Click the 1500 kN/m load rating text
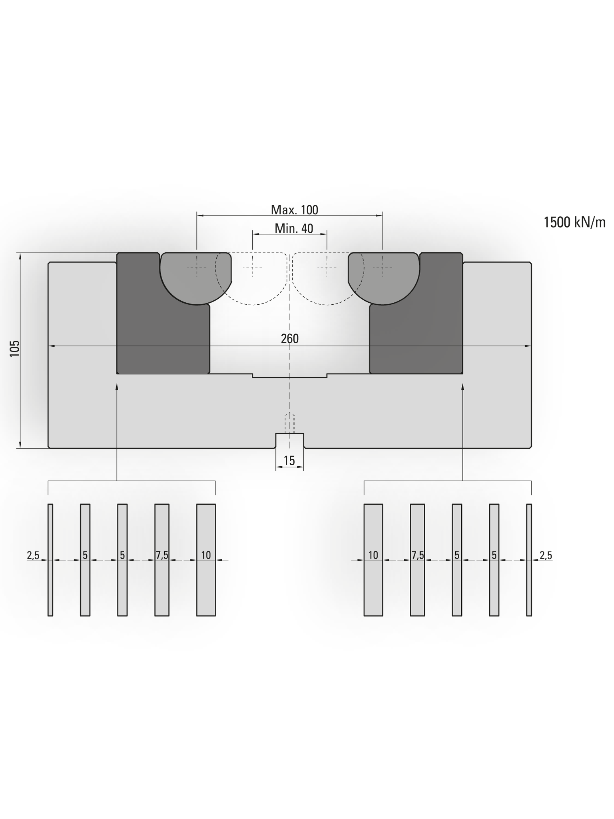click(x=575, y=222)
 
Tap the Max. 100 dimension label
click(x=295, y=210)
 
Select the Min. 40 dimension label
click(x=294, y=228)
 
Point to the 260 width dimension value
click(x=290, y=339)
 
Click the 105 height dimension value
click(x=15, y=349)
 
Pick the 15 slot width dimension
click(x=289, y=461)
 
